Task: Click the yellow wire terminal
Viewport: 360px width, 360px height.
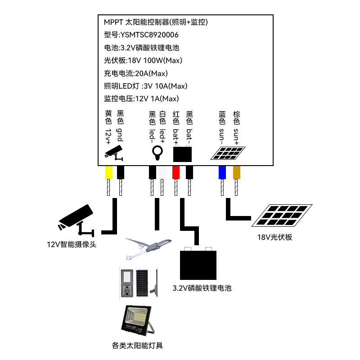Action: [x=108, y=172]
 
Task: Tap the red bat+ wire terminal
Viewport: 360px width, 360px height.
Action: [x=176, y=172]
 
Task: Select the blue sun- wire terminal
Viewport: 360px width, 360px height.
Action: [x=222, y=172]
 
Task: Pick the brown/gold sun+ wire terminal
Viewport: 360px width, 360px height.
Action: [x=237, y=172]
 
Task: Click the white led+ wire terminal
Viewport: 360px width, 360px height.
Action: [x=162, y=172]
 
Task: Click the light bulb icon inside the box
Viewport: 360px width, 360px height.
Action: [x=157, y=153]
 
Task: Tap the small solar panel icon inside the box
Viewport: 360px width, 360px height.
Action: [x=229, y=153]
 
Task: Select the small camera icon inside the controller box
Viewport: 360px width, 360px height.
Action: [x=114, y=153]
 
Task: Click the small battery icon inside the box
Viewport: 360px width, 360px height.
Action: [x=183, y=154]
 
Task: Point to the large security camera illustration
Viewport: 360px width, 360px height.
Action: [x=76, y=219]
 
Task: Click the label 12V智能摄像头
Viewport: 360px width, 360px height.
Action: [x=72, y=245]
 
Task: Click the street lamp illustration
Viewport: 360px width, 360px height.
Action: [x=148, y=249]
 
